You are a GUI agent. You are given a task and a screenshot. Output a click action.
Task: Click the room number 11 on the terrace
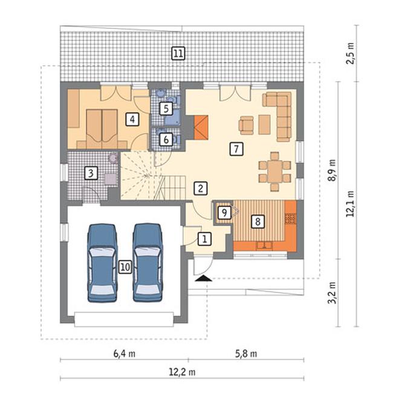point(178,53)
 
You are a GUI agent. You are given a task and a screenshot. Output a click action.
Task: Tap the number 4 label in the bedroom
point(132,119)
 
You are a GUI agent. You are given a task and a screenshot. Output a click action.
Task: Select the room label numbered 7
point(236,149)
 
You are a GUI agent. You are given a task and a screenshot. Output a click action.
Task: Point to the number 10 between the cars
point(125,267)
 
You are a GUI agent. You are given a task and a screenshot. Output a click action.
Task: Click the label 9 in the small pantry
point(224,212)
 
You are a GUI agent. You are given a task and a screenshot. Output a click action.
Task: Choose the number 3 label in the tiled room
point(91,174)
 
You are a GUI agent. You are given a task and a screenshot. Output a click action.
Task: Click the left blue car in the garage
point(102,263)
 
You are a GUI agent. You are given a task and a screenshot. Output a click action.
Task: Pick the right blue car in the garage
point(148,263)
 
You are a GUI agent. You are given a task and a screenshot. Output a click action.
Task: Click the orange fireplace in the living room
point(201,127)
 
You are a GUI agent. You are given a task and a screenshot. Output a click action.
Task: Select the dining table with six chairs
point(275,171)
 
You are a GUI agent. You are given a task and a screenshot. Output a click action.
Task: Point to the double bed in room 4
point(102,129)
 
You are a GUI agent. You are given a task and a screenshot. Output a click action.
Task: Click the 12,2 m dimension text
point(182,372)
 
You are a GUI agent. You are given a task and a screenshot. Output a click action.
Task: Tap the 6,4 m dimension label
point(124,354)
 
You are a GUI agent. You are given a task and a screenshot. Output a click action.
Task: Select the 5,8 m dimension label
point(246,354)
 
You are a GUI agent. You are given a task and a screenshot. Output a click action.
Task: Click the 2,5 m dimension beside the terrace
point(351,53)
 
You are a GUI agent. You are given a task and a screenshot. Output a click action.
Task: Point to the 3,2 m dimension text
point(332,293)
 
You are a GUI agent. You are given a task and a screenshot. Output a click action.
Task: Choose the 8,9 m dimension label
point(332,170)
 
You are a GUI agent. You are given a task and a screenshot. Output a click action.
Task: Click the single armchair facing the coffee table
point(246,125)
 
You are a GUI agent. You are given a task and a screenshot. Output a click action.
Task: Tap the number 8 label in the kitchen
point(258,221)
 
